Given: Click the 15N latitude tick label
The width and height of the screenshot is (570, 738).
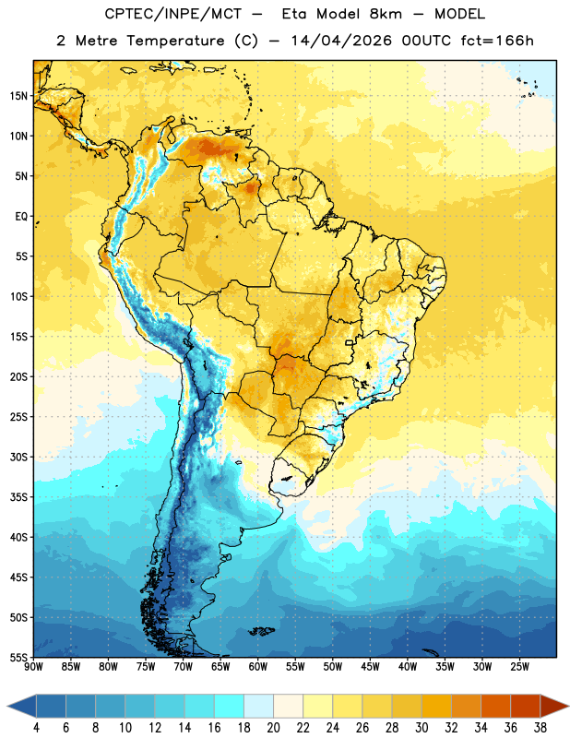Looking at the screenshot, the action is (x=18, y=96).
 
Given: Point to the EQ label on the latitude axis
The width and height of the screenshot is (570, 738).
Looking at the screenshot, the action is (x=21, y=217).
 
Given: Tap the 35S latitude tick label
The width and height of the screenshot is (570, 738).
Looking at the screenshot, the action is (x=18, y=497).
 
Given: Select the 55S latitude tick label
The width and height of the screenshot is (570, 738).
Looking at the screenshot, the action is (x=18, y=657).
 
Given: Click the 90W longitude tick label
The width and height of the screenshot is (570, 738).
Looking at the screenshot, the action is (x=34, y=667).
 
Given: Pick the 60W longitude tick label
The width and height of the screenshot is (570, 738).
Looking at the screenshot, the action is (x=258, y=667).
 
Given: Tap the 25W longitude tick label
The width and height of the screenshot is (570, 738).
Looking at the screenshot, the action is (x=519, y=667).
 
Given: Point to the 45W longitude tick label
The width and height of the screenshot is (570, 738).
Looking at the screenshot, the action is (x=371, y=667).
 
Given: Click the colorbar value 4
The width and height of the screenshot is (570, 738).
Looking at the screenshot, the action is (x=36, y=728).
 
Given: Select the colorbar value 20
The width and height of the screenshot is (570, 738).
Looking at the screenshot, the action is (x=273, y=728).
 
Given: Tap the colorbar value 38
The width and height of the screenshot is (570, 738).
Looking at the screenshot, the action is (x=540, y=728).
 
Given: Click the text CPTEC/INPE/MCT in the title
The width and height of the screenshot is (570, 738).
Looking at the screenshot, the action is (x=172, y=14).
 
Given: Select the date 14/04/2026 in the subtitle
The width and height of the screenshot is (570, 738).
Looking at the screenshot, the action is (x=341, y=41).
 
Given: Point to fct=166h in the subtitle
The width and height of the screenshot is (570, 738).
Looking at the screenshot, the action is (x=497, y=41).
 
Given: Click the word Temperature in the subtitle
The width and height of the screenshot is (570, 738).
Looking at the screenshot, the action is (x=175, y=42).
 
